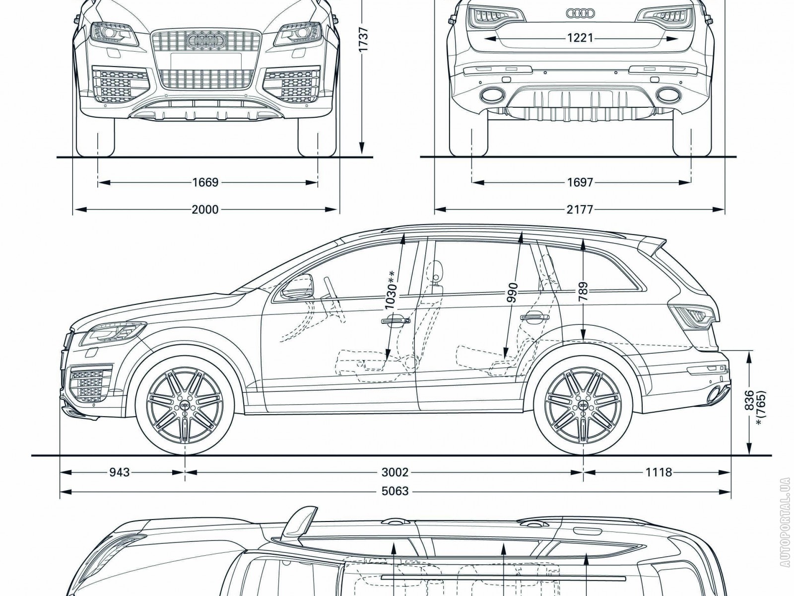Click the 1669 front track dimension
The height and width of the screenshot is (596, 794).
click(205, 183)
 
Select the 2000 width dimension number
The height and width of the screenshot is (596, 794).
click(205, 210)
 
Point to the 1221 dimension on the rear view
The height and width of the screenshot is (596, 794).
click(580, 38)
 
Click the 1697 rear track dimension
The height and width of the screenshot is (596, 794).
click(580, 183)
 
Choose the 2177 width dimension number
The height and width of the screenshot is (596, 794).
click(580, 210)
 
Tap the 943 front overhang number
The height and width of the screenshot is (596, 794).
click(119, 472)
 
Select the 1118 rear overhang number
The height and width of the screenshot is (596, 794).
click(659, 472)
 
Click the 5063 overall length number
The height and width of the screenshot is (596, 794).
click(396, 491)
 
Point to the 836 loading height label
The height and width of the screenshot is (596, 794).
click(750, 400)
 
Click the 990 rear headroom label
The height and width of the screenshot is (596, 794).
click(513, 293)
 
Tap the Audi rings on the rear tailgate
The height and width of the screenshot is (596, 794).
click(580, 13)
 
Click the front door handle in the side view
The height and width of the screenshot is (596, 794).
click(396, 321)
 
